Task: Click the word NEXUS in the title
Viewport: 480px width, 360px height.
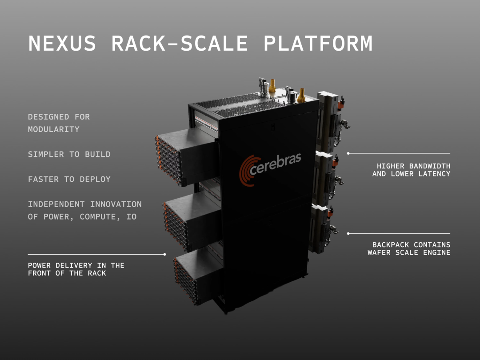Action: (62, 43)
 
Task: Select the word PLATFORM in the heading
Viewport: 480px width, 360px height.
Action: (318, 43)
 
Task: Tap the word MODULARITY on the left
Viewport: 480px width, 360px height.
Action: (54, 129)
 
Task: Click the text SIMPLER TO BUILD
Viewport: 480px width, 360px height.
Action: (69, 154)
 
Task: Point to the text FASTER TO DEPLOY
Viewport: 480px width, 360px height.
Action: (69, 180)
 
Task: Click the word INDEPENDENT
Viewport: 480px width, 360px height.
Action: (56, 204)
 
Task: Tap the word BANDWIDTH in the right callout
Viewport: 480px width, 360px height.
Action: (429, 166)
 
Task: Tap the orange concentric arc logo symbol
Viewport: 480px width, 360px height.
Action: (248, 170)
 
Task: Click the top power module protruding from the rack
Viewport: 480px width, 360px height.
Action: (187, 156)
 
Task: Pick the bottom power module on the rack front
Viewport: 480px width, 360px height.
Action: (198, 276)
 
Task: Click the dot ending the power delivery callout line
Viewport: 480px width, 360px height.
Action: (165, 254)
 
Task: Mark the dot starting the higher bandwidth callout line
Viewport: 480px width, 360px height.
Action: (348, 153)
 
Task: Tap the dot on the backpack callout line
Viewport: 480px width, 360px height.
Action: (348, 234)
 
